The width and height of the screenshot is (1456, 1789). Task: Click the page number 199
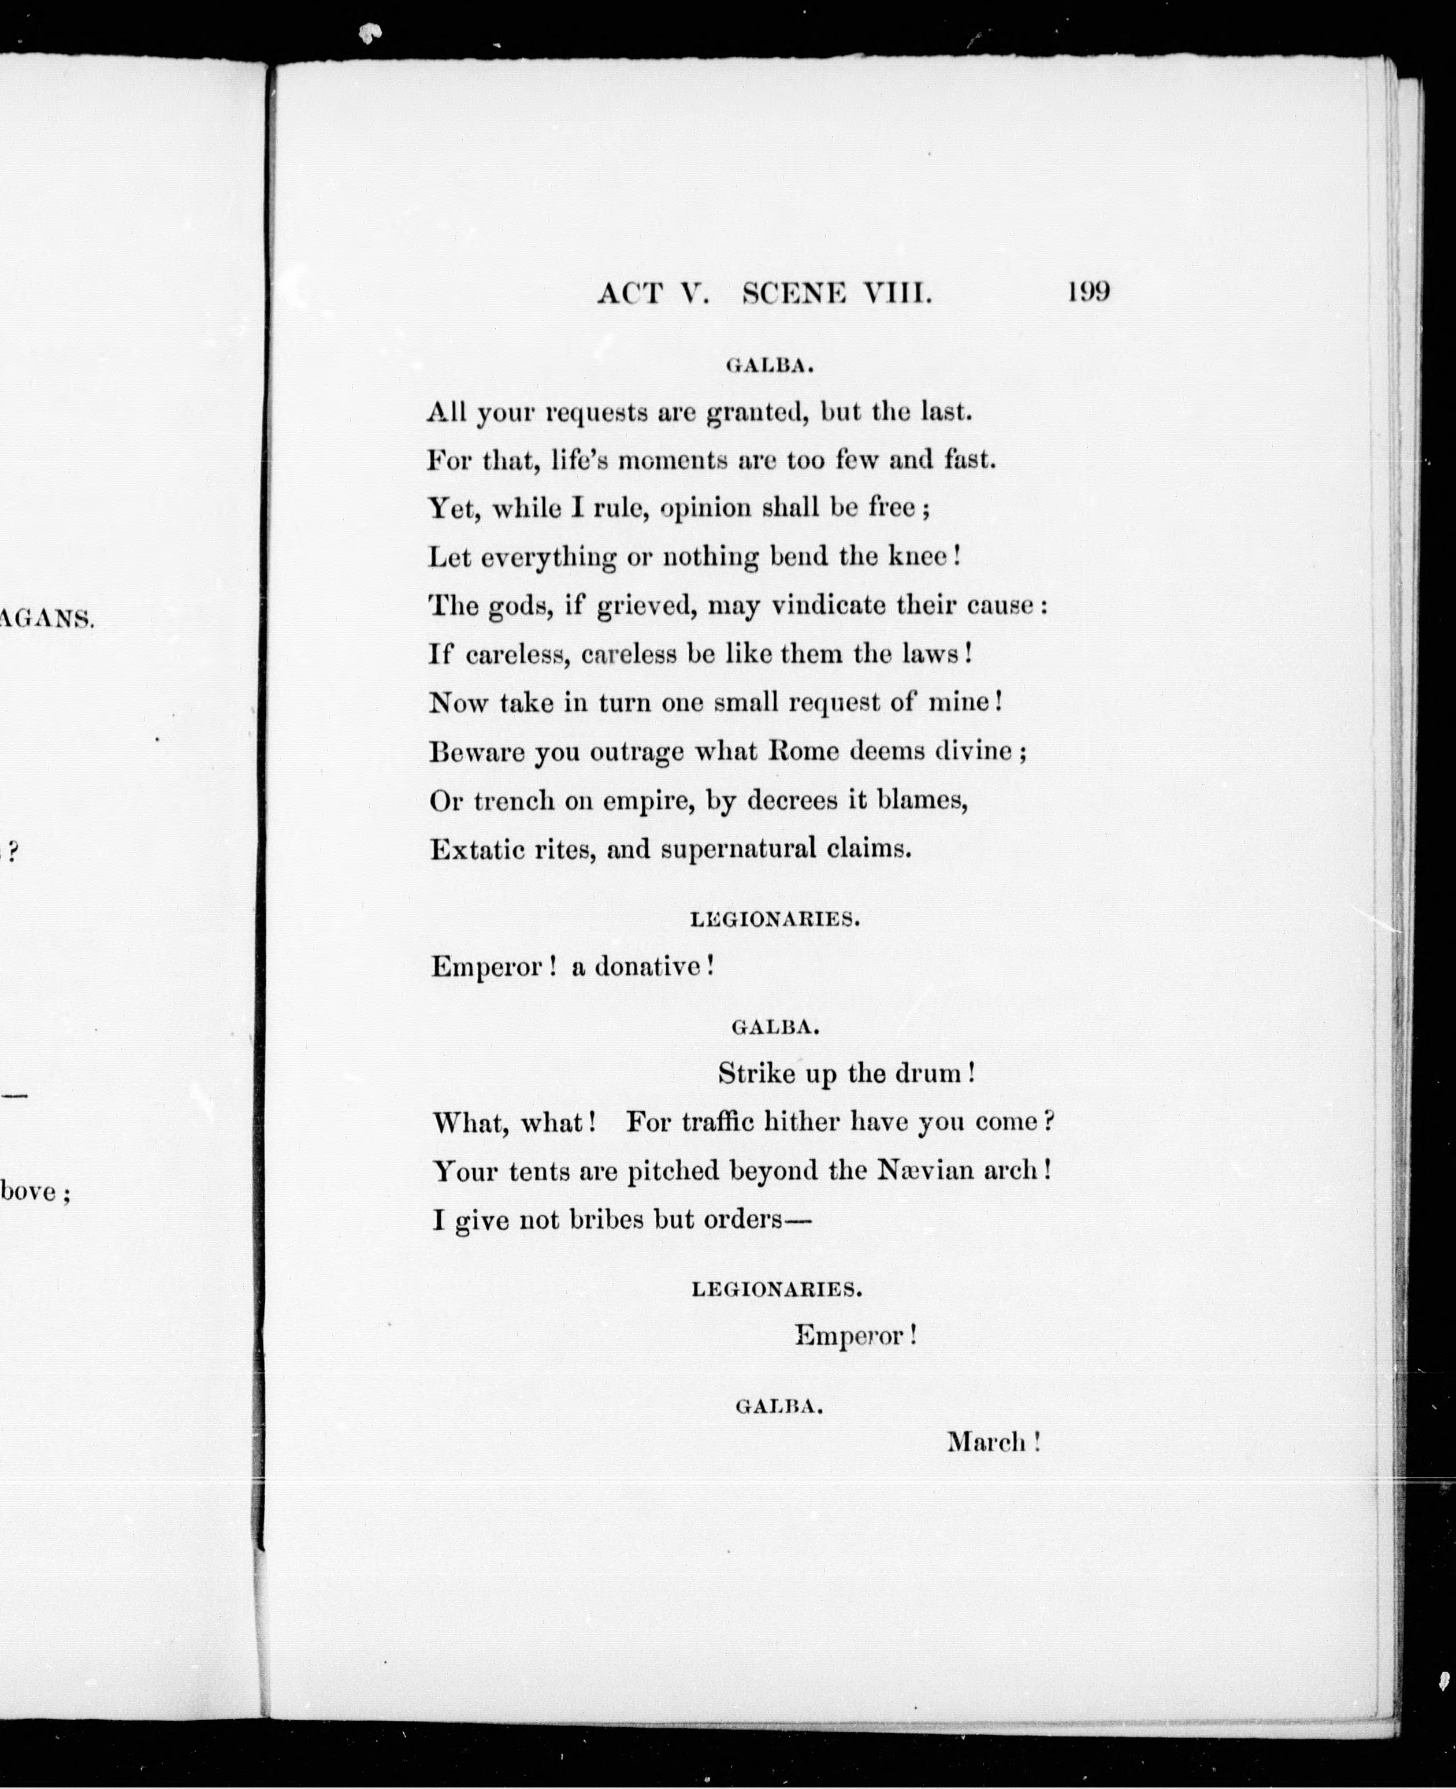pos(1089,291)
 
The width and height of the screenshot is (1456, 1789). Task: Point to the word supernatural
pos(737,849)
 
